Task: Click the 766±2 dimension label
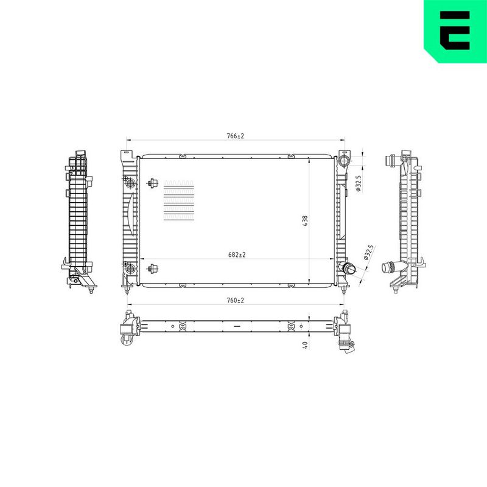pyautogui.click(x=236, y=136)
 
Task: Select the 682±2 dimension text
pyautogui.click(x=237, y=254)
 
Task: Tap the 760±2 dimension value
pyautogui.click(x=236, y=300)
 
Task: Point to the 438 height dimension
pyautogui.click(x=305, y=220)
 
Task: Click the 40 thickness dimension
pyautogui.click(x=305, y=345)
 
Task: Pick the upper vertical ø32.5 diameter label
pyautogui.click(x=358, y=183)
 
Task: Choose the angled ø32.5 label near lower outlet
pyautogui.click(x=369, y=252)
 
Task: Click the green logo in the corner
pyautogui.click(x=455, y=32)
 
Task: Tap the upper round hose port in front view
pyautogui.click(x=344, y=161)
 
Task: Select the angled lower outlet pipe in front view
pyautogui.click(x=348, y=267)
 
